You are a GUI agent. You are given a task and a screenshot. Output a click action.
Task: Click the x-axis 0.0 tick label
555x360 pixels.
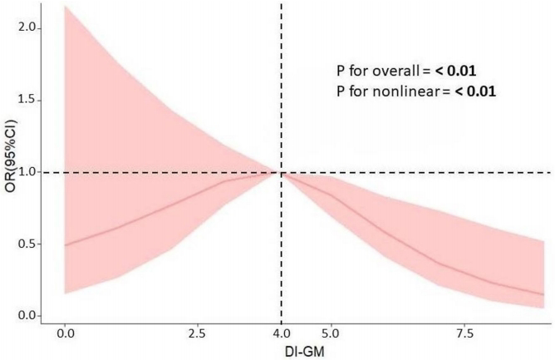[x=65, y=333]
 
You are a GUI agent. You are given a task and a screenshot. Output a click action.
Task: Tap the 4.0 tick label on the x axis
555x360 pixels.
[x=282, y=333]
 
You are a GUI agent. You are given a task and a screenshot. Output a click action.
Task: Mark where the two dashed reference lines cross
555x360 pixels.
[x=282, y=173]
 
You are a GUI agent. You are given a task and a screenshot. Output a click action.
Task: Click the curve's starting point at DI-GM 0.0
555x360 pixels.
[x=65, y=244]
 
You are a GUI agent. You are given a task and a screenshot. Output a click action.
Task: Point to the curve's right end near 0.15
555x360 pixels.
[x=543, y=294]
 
